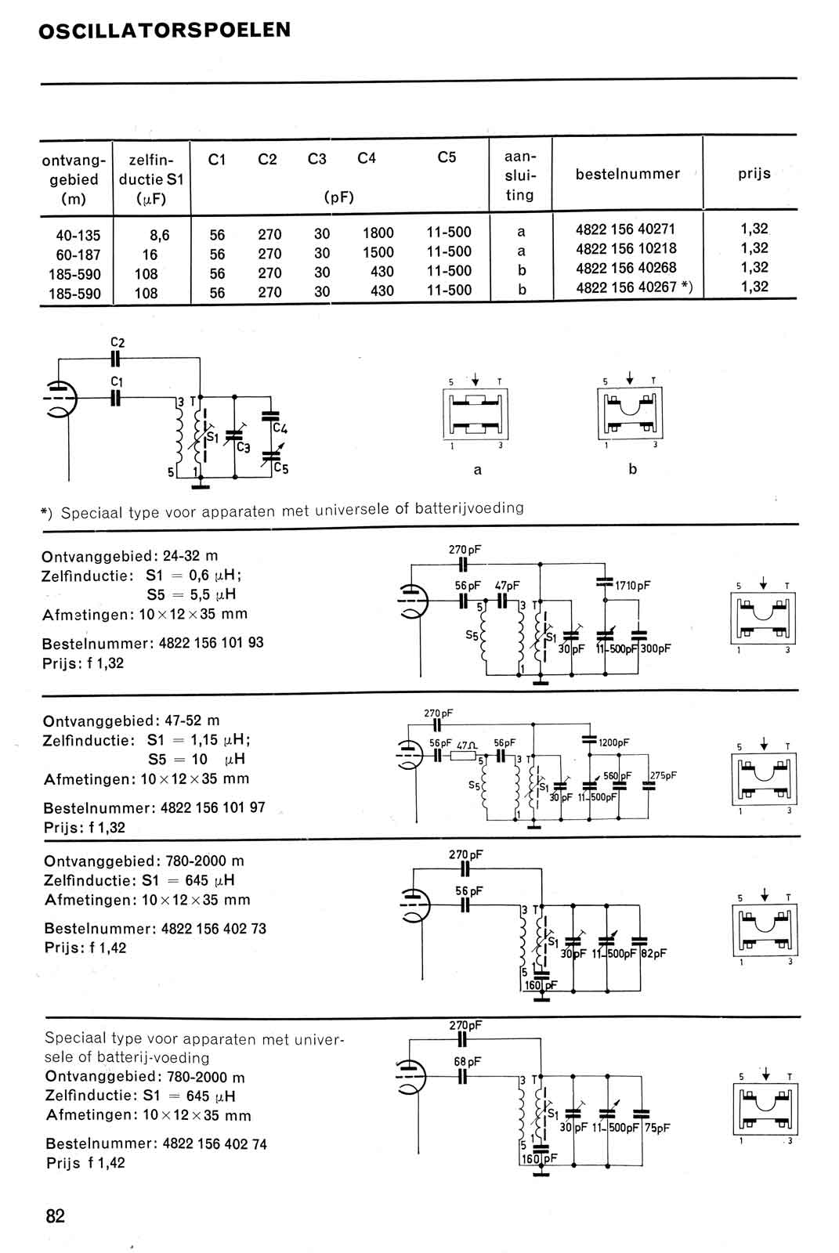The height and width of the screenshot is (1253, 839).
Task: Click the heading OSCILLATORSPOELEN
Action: pos(165,31)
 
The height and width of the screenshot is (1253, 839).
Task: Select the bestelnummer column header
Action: pos(627,174)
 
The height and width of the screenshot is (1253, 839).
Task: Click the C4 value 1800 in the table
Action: pos(378,233)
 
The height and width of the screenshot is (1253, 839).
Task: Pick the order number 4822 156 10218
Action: pos(626,248)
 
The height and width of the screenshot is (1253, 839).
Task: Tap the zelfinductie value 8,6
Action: pos(159,235)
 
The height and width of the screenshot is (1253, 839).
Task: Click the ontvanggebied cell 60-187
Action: pos(78,255)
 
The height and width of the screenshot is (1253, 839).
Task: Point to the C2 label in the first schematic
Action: pos(118,342)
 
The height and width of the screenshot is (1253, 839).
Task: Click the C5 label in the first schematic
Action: pos(281,468)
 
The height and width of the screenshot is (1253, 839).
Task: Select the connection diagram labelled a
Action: pos(476,414)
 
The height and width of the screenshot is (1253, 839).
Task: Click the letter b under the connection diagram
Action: pos(632,469)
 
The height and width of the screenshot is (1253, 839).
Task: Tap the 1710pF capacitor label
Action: pos(632,586)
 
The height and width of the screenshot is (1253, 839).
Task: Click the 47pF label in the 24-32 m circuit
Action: pos(507,586)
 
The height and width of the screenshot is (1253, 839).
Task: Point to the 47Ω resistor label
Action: pos(467,746)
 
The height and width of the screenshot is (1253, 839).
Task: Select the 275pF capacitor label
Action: pos(664,775)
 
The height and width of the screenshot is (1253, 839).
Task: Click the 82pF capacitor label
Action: pos(654,953)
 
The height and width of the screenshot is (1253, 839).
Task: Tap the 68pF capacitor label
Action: pos(468,1061)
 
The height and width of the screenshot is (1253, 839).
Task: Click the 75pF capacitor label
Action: pos(657,1128)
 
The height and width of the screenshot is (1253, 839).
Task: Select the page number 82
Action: pos(56,1216)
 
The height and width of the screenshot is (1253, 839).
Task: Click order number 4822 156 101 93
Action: pos(211,643)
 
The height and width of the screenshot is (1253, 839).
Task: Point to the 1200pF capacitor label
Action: pos(613,743)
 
